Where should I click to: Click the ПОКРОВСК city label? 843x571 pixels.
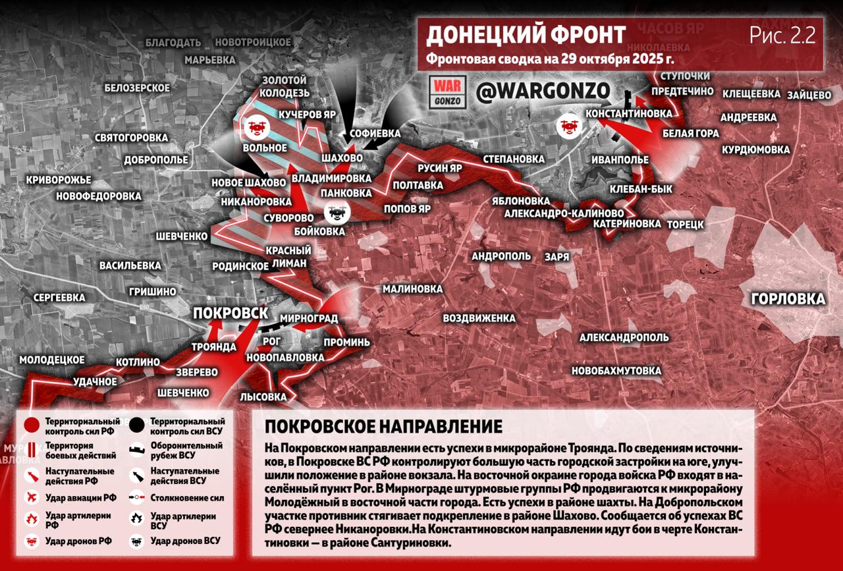point(230,313)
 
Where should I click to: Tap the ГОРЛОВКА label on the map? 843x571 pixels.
point(788,299)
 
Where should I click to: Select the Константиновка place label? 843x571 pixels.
point(629,113)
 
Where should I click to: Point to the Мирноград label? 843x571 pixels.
point(308,319)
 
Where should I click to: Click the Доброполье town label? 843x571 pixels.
point(155,159)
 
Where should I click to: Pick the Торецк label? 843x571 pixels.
point(685,224)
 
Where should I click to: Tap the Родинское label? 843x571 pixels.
point(240,267)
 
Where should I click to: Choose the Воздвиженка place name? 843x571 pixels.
point(479,318)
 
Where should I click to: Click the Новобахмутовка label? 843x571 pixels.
point(616,371)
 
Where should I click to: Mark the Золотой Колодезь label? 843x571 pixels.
point(285,86)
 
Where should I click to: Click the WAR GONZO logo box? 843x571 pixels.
point(447,92)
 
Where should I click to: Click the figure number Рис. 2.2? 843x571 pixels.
point(782,36)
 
